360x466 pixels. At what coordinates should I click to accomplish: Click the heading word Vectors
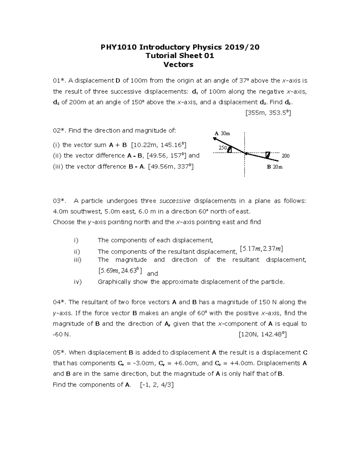click(178, 65)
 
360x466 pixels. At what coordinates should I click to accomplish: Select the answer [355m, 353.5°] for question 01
click(268, 113)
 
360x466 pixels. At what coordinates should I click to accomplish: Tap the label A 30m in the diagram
click(222, 133)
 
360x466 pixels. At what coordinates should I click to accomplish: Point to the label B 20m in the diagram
click(275, 167)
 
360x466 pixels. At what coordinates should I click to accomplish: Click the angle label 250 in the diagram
click(222, 148)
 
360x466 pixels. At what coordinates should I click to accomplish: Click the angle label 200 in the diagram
click(285, 156)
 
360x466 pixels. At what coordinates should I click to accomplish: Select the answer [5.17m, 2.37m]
click(261, 249)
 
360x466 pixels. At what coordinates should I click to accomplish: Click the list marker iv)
click(78, 282)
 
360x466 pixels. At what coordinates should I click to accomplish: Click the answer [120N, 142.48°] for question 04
click(262, 334)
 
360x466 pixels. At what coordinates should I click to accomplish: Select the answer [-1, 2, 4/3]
click(157, 385)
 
